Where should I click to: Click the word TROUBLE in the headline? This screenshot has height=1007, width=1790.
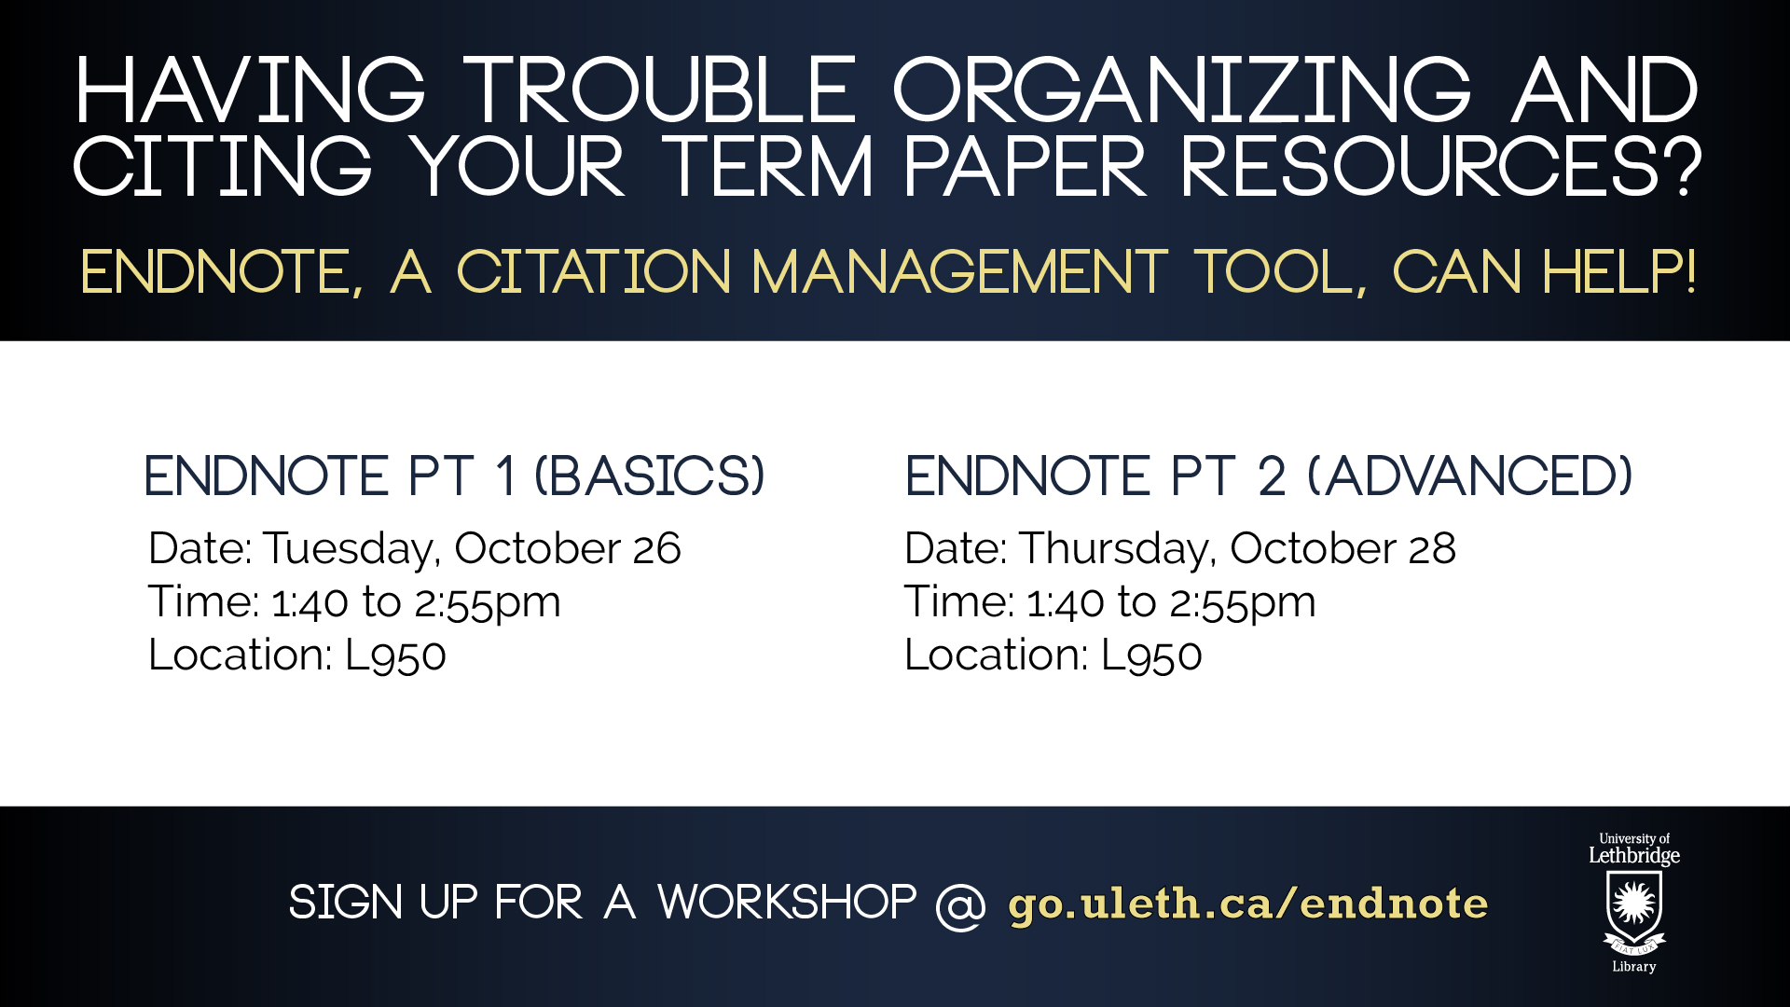pos(660,90)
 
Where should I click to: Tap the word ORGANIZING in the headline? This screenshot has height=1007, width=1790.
pos(1182,90)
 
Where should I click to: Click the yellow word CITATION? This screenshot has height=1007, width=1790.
pos(593,272)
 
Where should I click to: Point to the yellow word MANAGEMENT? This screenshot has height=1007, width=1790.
pos(959,272)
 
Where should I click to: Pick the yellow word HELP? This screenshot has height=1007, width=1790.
pos(1619,272)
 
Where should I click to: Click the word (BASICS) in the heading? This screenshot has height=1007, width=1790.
pos(650,476)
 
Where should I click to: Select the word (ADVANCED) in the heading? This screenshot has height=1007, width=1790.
pos(1470,476)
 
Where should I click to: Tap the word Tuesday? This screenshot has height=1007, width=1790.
pos(351,550)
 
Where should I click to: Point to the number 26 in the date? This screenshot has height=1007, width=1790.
pos(656,548)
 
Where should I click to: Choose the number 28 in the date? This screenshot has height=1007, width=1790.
pos(1432,548)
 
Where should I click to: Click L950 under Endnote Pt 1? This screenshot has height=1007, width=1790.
pos(395,655)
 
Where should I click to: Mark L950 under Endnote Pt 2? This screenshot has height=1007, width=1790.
pos(1151,655)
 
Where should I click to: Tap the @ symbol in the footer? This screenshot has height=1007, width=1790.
pos(960,905)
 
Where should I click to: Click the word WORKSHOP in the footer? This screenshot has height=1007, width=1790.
pos(787,903)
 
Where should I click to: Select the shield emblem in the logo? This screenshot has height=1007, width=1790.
pos(1634,908)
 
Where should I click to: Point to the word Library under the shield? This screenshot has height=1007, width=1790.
pos(1634,967)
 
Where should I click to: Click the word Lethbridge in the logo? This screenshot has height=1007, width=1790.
pos(1634,856)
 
